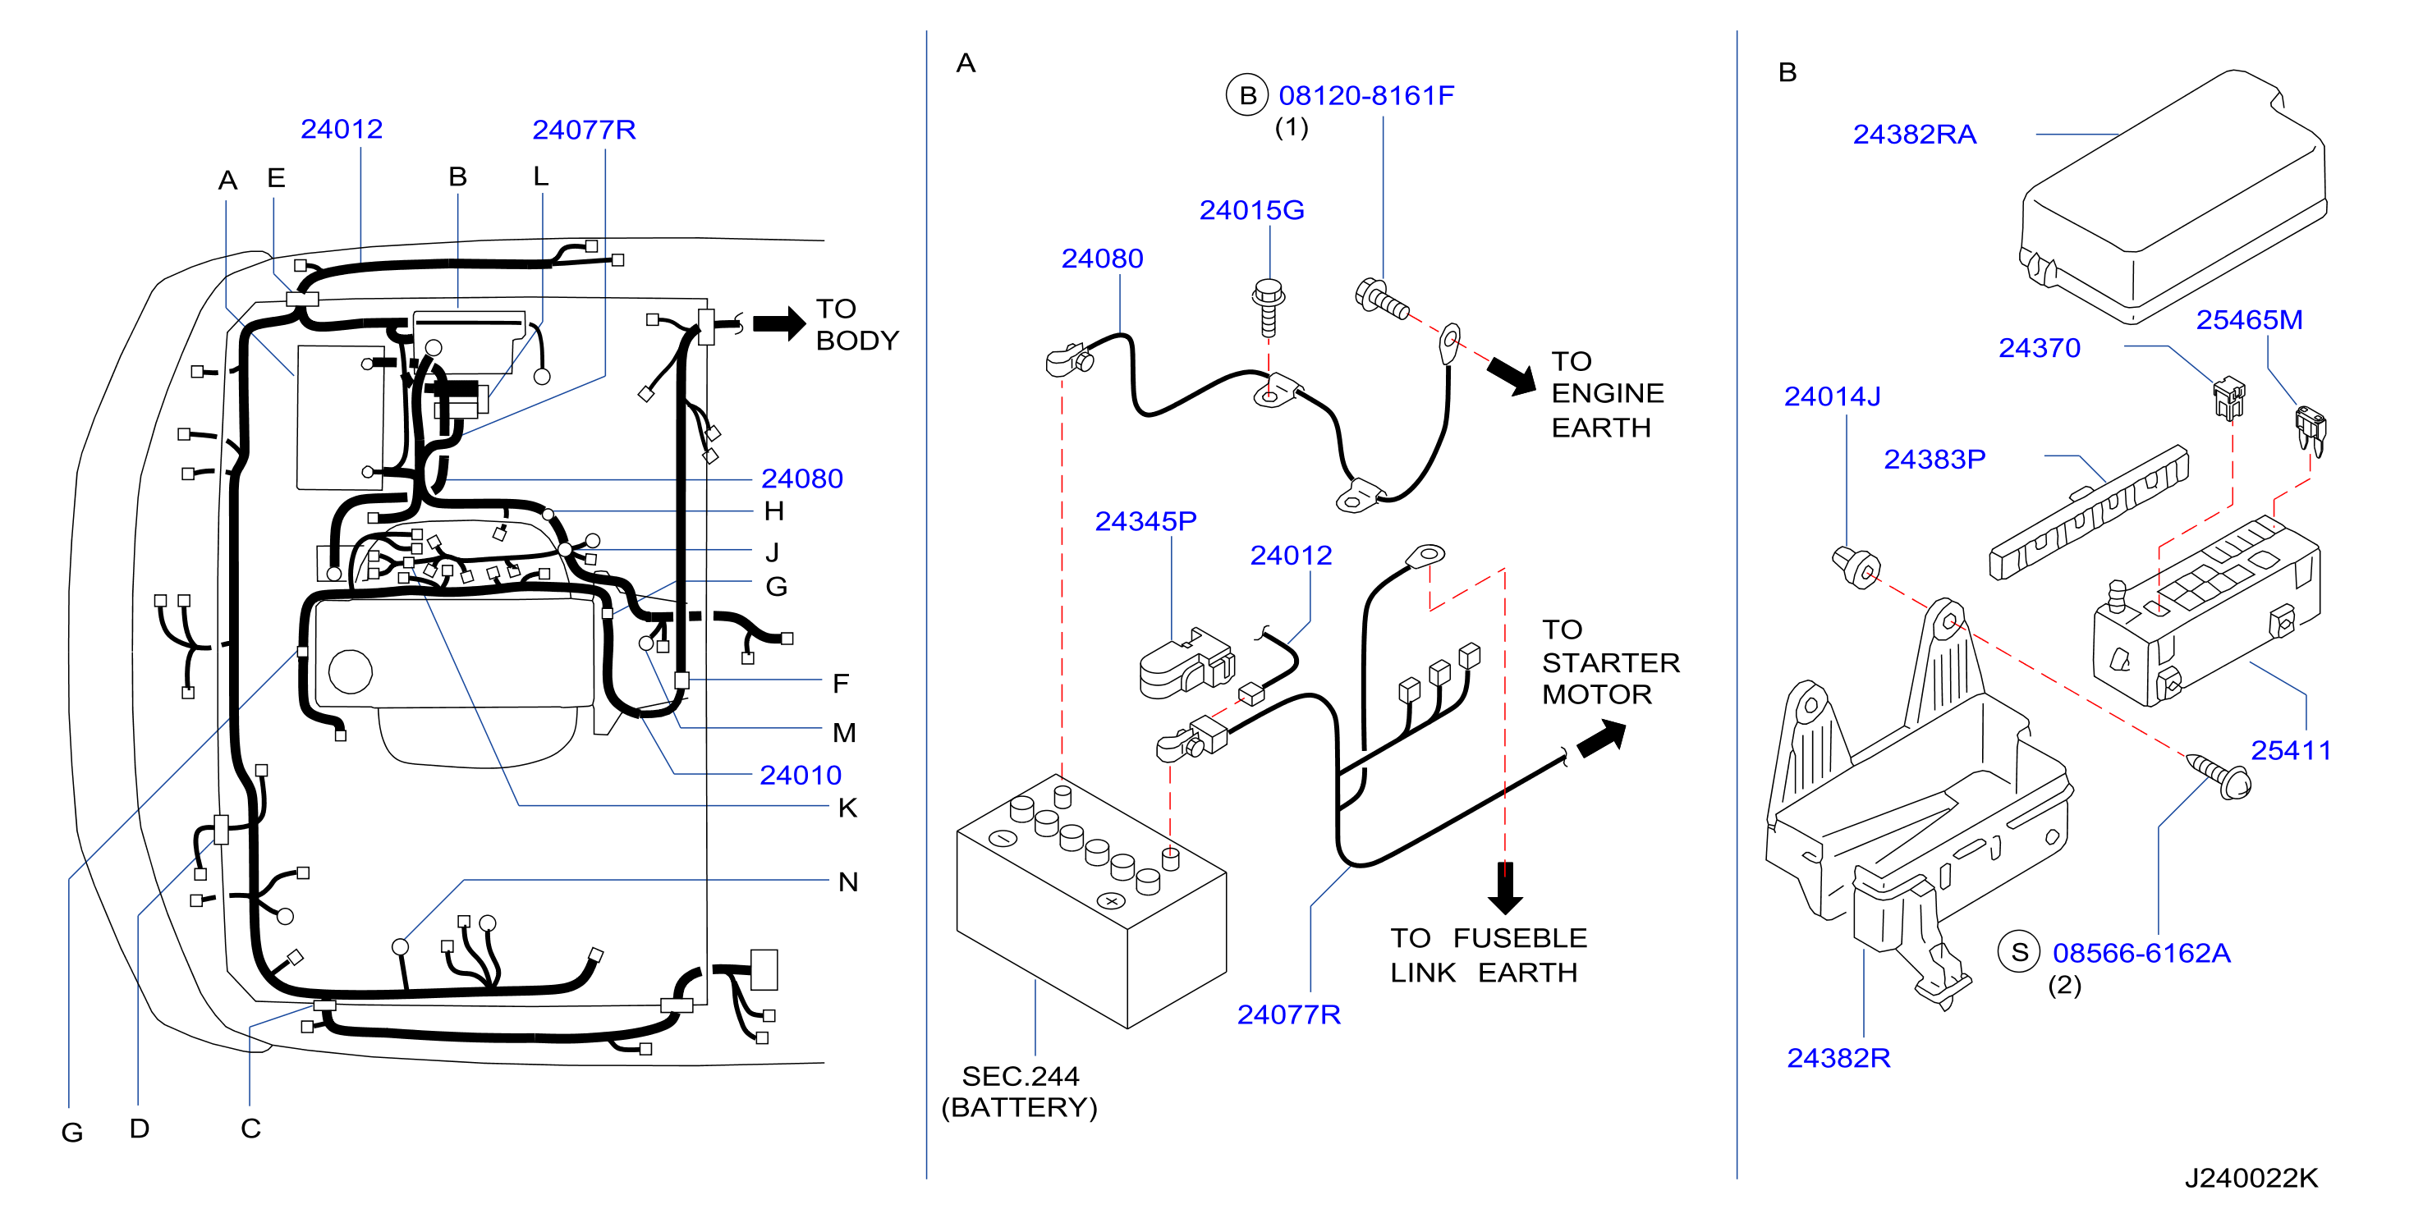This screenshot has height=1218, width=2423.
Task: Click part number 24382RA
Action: tap(1914, 135)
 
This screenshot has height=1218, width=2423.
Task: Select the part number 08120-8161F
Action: tap(1365, 95)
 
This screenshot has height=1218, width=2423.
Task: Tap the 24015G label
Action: tap(1251, 210)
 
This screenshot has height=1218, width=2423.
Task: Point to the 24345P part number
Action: tap(1145, 521)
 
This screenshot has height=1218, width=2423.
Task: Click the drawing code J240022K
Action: tap(2251, 1178)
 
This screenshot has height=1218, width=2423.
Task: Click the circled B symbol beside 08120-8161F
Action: tap(1247, 95)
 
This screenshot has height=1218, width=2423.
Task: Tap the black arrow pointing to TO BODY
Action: tap(779, 323)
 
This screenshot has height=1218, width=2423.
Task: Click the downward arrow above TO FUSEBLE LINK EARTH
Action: tap(1505, 888)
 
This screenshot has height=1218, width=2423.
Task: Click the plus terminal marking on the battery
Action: tap(1112, 901)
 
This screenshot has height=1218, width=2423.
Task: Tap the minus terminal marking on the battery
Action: tap(1003, 838)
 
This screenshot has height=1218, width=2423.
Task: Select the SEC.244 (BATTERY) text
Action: tap(1020, 1091)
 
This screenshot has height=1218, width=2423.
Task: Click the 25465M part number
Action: tap(2249, 320)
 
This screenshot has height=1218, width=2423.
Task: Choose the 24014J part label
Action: tap(1833, 397)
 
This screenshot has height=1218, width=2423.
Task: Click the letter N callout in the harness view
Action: tap(847, 882)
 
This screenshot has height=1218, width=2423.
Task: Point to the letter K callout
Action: tap(847, 808)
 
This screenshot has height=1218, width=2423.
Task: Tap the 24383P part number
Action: tap(1934, 459)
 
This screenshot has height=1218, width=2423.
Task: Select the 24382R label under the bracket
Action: tap(1838, 1058)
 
